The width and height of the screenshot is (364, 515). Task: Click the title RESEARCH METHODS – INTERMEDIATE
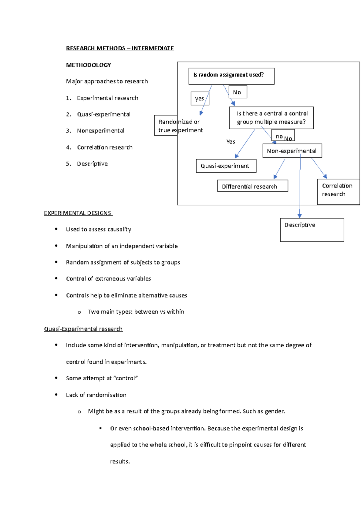click(x=120, y=48)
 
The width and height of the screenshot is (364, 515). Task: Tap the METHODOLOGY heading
click(x=89, y=65)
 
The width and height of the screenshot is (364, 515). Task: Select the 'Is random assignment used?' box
click(x=231, y=76)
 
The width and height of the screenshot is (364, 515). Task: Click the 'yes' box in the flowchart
click(x=200, y=99)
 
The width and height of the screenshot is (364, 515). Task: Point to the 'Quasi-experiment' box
click(x=226, y=166)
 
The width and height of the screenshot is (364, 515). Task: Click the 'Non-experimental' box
click(x=292, y=151)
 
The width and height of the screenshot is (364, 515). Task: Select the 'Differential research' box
click(x=252, y=186)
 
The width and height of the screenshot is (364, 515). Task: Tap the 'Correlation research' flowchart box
click(x=338, y=191)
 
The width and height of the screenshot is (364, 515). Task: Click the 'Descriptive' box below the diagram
click(x=312, y=230)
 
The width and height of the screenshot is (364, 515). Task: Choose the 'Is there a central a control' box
click(x=271, y=118)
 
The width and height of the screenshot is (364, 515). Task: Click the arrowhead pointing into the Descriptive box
click(x=300, y=216)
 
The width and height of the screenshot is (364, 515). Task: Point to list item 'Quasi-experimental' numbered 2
click(x=103, y=114)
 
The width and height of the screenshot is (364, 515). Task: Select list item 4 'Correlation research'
click(x=105, y=147)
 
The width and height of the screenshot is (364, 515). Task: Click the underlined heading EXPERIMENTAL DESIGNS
click(x=78, y=213)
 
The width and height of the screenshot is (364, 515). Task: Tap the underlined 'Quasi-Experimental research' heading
click(x=83, y=329)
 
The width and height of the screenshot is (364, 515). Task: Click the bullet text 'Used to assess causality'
click(x=98, y=229)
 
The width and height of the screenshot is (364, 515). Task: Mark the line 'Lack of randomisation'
click(x=96, y=395)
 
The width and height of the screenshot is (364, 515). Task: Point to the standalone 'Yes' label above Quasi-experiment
click(x=231, y=142)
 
